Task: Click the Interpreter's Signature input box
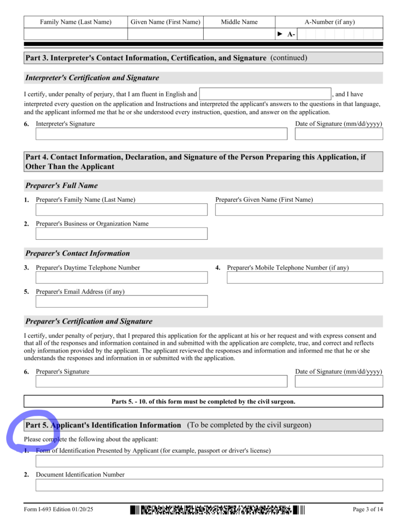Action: pos(161,134)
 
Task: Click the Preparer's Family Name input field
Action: pos(121,209)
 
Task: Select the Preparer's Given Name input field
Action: pos(299,209)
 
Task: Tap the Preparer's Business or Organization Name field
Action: pos(121,234)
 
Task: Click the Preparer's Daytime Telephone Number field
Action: pos(121,277)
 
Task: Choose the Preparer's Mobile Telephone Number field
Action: pos(305,277)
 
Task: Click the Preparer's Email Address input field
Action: pos(121,301)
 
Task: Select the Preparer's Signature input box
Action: pos(161,381)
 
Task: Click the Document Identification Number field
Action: pos(209,485)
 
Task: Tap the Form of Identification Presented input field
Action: pos(209,461)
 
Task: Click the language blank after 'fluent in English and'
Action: pos(265,94)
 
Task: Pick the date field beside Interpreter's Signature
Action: pos(339,134)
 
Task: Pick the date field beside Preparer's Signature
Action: pos(339,381)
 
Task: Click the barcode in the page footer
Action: pos(217,511)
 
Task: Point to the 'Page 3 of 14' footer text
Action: pos(367,510)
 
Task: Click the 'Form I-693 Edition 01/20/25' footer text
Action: pos(58,510)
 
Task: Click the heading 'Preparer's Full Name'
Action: pos(62,186)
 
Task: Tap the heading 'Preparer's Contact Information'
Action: pos(78,254)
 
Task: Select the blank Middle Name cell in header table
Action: pos(239,34)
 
